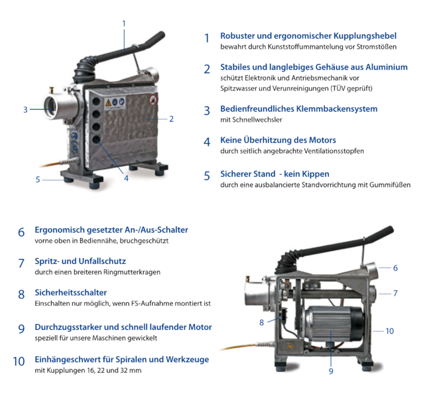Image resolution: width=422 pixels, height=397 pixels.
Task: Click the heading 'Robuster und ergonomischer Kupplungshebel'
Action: pos(308,36)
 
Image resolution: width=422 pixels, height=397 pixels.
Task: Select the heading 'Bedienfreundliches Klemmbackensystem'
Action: pos(299,109)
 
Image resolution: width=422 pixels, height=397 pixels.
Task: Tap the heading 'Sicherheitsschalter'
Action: pos(71,292)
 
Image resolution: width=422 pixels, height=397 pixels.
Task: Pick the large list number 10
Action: pos(19,361)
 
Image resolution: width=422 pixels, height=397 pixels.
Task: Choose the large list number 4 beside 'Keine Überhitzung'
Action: pos(207,142)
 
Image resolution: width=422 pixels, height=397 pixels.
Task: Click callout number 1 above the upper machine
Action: pos(124,24)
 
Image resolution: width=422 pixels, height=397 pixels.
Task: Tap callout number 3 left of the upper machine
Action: pos(25,110)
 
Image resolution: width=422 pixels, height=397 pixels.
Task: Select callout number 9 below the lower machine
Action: pos(331,371)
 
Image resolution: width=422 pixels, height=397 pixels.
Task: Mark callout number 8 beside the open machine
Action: pos(261,322)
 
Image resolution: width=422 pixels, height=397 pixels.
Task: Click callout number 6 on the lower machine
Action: pos(395,268)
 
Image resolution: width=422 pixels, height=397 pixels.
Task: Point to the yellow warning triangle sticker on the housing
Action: pos(108,103)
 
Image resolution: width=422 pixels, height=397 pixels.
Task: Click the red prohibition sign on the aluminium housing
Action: pos(153,100)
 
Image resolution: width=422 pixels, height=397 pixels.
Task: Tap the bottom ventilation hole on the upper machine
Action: pos(96,140)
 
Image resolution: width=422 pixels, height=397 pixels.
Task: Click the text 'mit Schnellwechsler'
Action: pos(251,120)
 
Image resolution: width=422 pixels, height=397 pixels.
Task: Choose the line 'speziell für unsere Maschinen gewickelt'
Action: pos(96,338)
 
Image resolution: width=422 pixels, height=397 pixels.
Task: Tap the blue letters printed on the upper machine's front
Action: pos(74,142)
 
